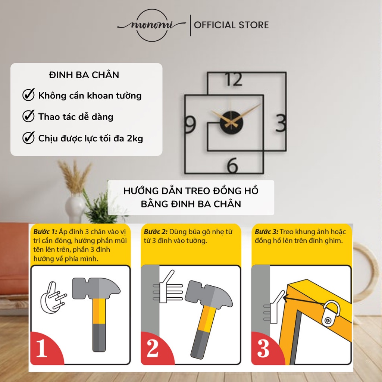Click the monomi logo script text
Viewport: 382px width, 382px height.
pyautogui.click(x=151, y=25)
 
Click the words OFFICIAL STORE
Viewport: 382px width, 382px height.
pyautogui.click(x=231, y=25)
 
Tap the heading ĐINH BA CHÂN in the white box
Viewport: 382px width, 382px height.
pyautogui.click(x=84, y=75)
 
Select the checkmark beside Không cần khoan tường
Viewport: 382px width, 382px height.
pyautogui.click(x=28, y=95)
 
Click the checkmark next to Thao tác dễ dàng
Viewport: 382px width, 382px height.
pyautogui.click(x=28, y=116)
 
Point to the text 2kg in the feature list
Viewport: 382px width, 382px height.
pyautogui.click(x=135, y=138)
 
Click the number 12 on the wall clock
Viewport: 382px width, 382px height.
pyautogui.click(x=234, y=79)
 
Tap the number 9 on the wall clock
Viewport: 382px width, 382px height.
pyautogui.click(x=190, y=124)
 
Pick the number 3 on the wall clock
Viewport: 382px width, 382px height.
pyautogui.click(x=281, y=123)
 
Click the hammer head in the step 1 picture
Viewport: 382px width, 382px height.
pyautogui.click(x=95, y=288)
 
